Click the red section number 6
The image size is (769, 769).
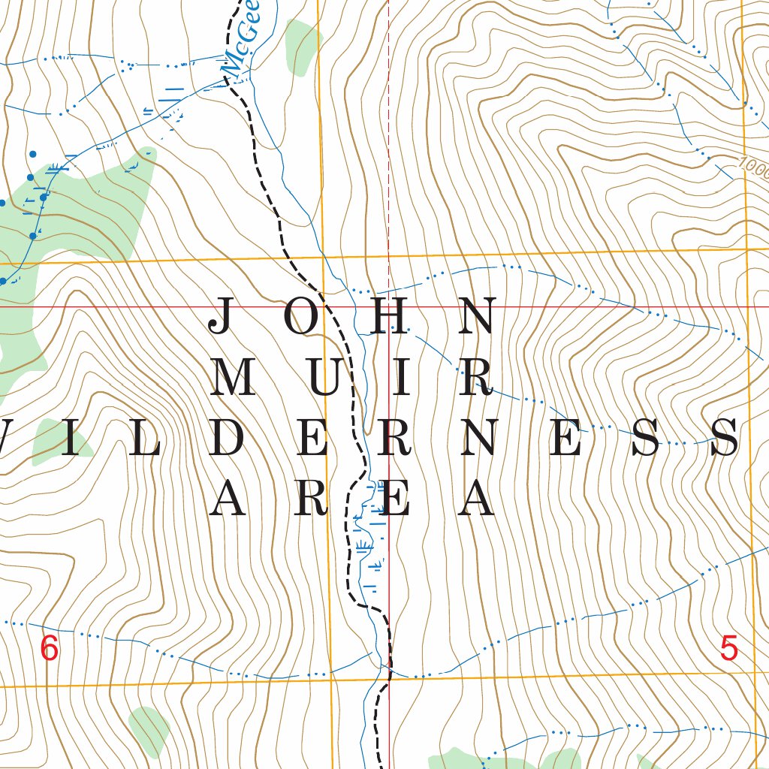click(49, 648)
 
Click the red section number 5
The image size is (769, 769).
click(728, 648)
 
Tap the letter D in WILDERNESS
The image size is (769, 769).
click(228, 438)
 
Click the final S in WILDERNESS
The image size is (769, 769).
click(725, 438)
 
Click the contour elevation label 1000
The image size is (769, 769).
click(753, 165)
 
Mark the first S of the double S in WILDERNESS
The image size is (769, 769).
click(646, 438)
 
